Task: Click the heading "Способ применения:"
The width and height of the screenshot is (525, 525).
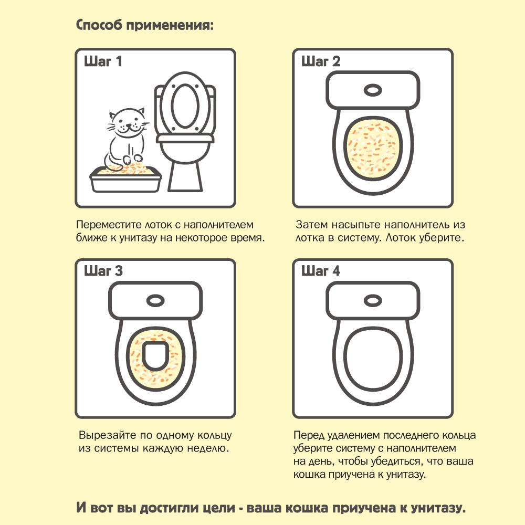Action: coord(145,25)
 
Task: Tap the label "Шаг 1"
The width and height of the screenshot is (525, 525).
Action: coord(103,61)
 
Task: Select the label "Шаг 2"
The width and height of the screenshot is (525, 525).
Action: coord(320,61)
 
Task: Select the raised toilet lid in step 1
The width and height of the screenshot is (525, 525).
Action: coord(185,104)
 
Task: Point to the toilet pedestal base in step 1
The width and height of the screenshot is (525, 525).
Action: coord(185,177)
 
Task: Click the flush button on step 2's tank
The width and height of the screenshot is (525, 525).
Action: coord(373,90)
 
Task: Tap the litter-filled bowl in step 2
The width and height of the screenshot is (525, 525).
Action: coord(373,149)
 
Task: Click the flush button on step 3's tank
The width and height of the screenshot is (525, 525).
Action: coord(155,300)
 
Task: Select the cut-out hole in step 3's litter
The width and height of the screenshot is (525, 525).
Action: coord(155,356)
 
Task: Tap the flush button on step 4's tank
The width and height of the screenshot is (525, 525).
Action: coord(373,300)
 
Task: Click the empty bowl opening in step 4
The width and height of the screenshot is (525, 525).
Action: coord(373,359)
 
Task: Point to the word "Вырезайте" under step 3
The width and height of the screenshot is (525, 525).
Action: coord(107,435)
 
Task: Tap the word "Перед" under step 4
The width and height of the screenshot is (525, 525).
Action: coord(309,435)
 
